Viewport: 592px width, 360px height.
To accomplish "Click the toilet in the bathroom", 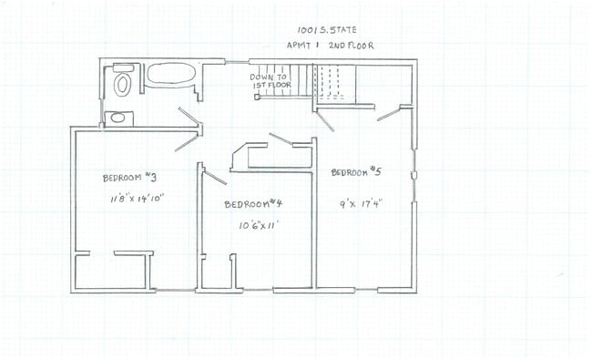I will pyautogui.click(x=123, y=83).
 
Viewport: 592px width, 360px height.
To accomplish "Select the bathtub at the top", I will pyautogui.click(x=168, y=75).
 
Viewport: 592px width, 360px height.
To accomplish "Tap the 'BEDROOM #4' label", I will pyautogui.click(x=254, y=204).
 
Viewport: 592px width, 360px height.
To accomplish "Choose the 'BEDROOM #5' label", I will pyautogui.click(x=354, y=171).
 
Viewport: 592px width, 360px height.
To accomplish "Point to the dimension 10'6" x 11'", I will pyautogui.click(x=258, y=224).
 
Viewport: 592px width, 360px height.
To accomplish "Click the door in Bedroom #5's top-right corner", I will pyautogui.click(x=388, y=114).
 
